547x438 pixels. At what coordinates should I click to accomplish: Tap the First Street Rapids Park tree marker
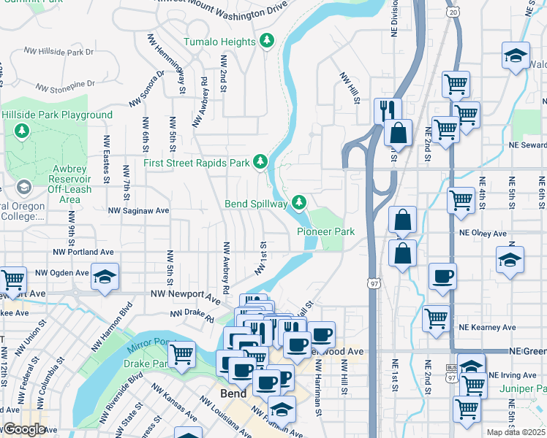click(x=260, y=161)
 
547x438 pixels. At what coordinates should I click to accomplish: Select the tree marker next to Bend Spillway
click(x=298, y=202)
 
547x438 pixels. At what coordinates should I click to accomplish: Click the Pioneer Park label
click(x=325, y=231)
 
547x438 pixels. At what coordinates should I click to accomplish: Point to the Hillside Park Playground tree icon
click(x=23, y=130)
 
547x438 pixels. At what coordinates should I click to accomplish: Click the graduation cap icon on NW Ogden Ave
click(x=105, y=277)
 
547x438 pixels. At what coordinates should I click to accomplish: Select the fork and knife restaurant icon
click(x=387, y=110)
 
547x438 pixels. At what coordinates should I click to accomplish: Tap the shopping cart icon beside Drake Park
click(x=181, y=354)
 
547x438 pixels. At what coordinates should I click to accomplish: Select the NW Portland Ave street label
click(x=84, y=252)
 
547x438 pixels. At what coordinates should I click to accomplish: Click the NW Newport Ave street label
click(x=185, y=296)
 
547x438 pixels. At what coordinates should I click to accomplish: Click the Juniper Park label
click(x=524, y=389)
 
